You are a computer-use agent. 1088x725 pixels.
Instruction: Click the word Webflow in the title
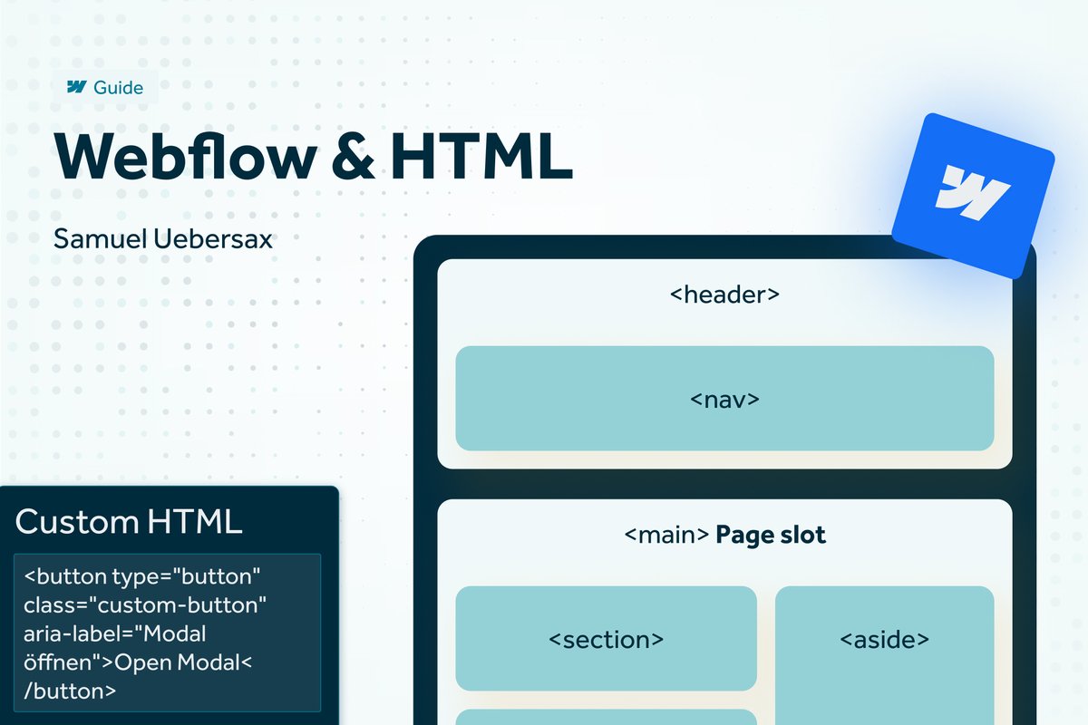(x=186, y=156)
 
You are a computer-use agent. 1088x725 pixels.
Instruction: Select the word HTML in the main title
(x=482, y=156)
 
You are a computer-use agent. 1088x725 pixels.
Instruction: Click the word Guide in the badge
(x=118, y=88)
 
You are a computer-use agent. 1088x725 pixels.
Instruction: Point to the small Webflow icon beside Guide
(x=76, y=88)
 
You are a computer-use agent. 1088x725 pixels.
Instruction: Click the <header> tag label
(x=724, y=295)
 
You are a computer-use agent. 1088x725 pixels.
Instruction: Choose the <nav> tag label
(x=724, y=399)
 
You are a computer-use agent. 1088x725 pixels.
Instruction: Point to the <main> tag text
(x=666, y=535)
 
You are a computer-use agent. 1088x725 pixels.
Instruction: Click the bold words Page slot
(x=771, y=535)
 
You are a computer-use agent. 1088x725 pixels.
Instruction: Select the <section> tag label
(x=606, y=639)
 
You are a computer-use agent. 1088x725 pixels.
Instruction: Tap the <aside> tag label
(x=884, y=639)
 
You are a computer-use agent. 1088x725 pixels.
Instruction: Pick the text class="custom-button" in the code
(x=146, y=604)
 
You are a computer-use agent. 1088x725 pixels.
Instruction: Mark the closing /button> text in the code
(x=71, y=691)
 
